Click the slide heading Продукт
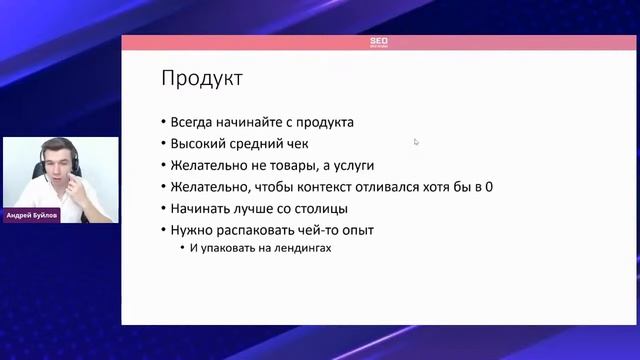(x=202, y=78)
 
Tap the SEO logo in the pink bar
(x=379, y=42)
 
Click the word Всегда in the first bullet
(x=199, y=123)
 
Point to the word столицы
(x=321, y=209)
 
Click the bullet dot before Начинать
(x=164, y=209)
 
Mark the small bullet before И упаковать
(x=182, y=249)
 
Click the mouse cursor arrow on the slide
(x=416, y=142)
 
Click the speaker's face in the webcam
(x=61, y=168)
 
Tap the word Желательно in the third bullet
(x=214, y=166)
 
